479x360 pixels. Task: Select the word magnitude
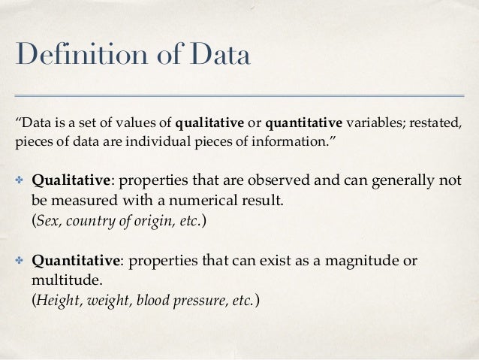point(366,260)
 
